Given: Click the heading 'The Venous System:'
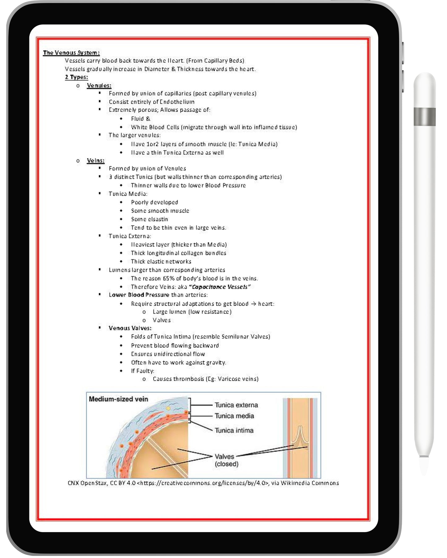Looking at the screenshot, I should point(71,53).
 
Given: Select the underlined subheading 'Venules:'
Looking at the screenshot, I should point(99,86).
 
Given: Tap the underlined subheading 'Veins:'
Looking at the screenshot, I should point(96,161).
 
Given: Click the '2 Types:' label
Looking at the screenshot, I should point(76,77).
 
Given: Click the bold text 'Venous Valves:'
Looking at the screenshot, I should point(130,328).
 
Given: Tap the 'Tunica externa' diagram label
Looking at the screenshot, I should point(236,405).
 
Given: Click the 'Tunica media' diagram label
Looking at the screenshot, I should point(234,416).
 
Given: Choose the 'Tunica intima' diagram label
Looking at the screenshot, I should point(234,430).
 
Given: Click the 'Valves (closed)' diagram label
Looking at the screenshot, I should point(226,460).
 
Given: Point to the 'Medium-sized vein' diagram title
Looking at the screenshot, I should point(118,399).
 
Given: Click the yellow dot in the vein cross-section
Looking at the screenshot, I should point(168,408).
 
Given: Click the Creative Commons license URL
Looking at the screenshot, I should point(202,483).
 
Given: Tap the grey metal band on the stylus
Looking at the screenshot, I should point(424,117).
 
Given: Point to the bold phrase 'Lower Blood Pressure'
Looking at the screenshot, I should point(139,295).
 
